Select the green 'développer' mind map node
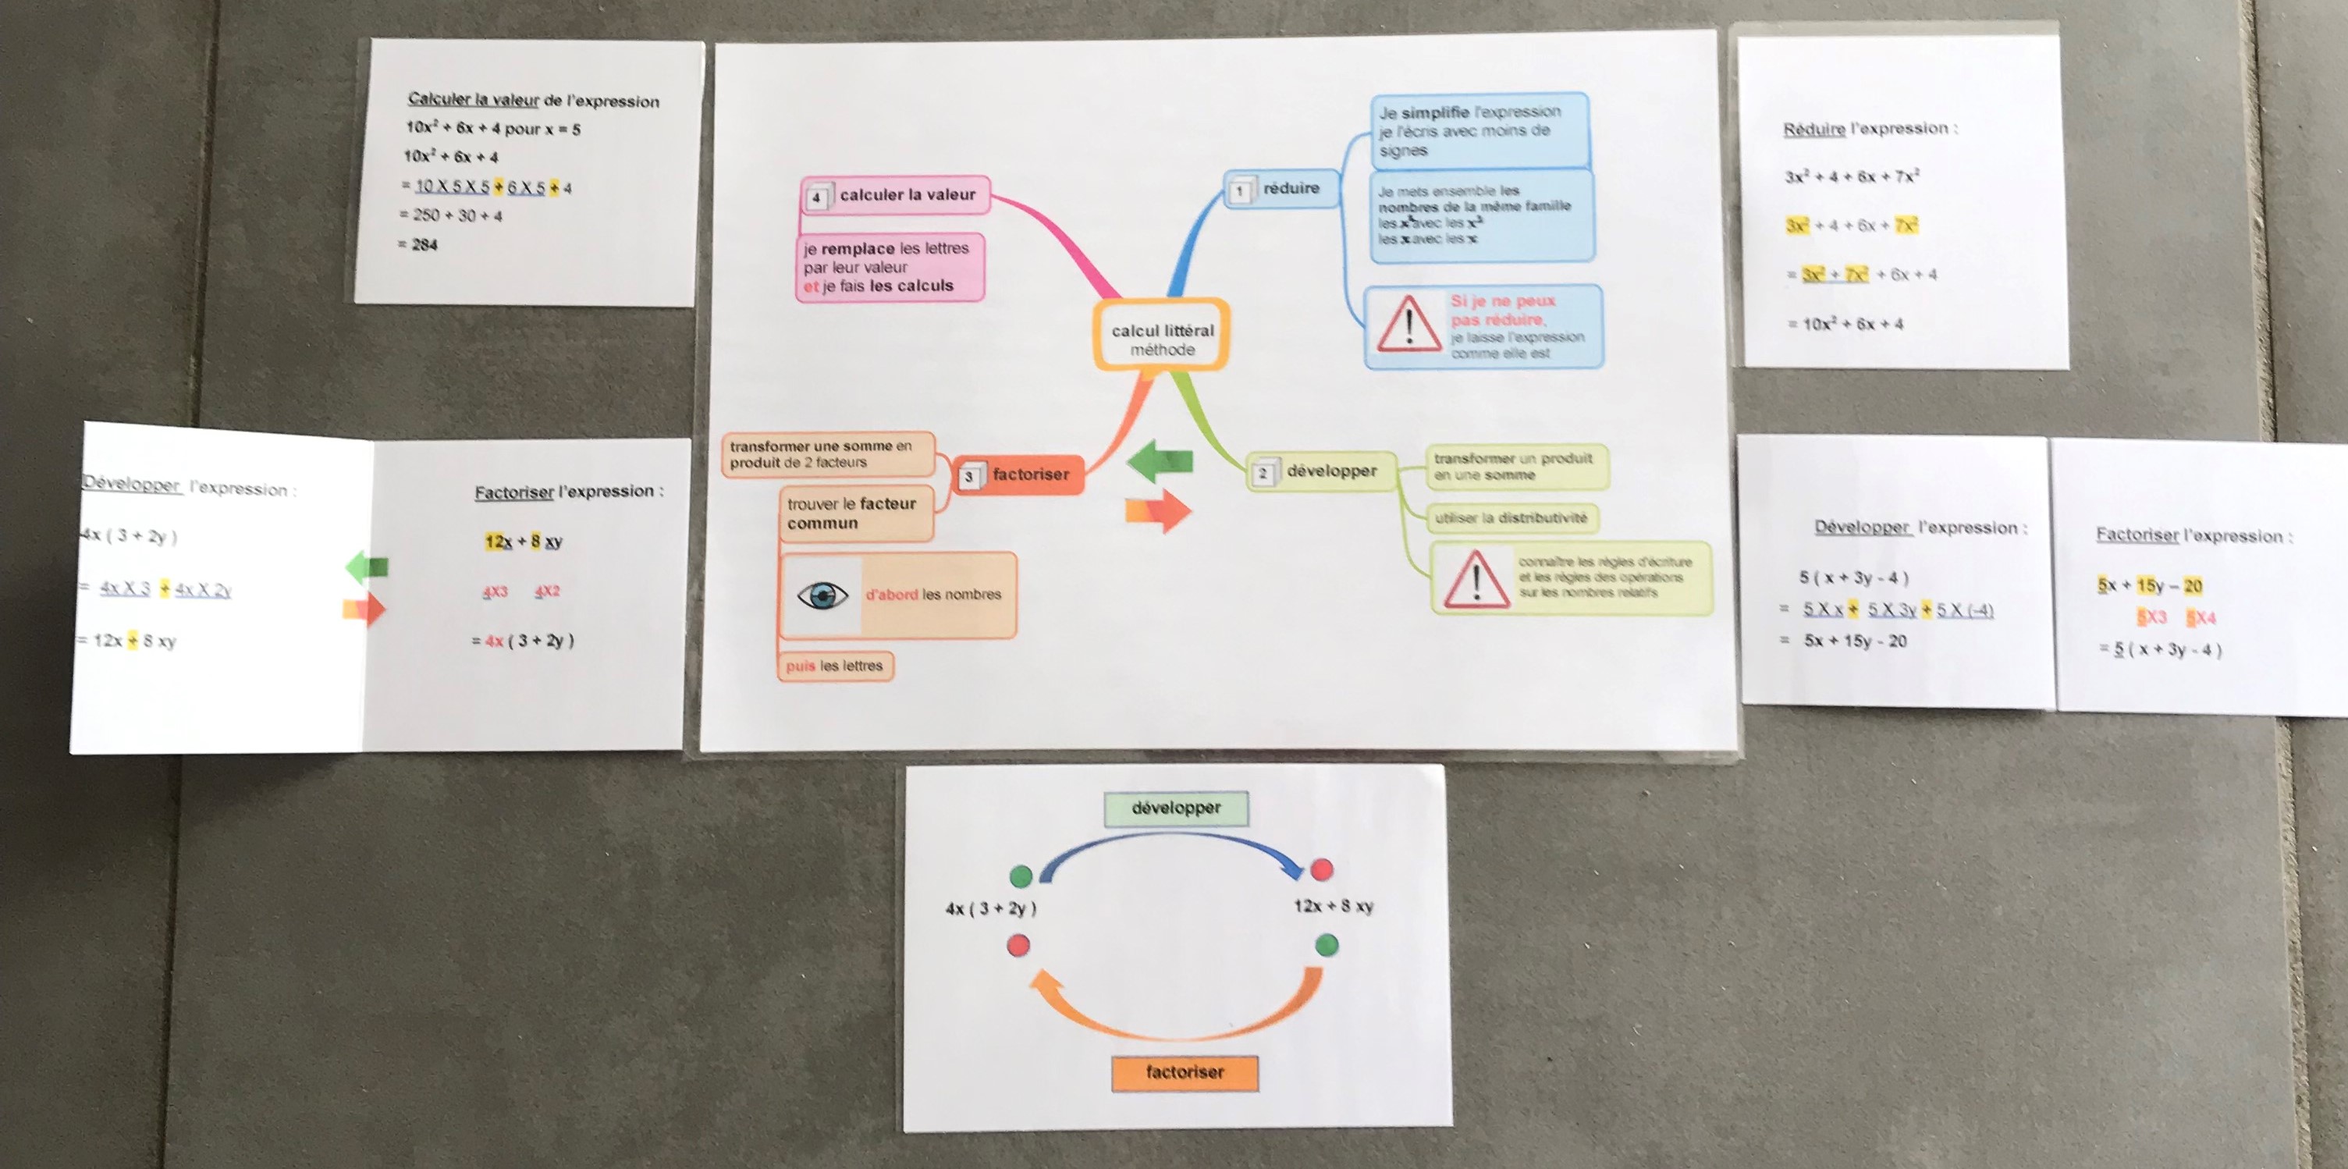coord(1322,471)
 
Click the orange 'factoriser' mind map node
coord(1019,475)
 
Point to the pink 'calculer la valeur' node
coord(896,195)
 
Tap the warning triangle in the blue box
coord(1408,325)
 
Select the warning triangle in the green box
coord(1476,579)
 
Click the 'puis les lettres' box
coord(835,666)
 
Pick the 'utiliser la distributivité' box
coord(1511,518)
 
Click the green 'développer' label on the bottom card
coord(1176,808)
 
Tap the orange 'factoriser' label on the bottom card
coord(1184,1072)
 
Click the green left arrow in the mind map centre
coord(1160,460)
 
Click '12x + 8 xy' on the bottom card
coord(1334,906)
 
